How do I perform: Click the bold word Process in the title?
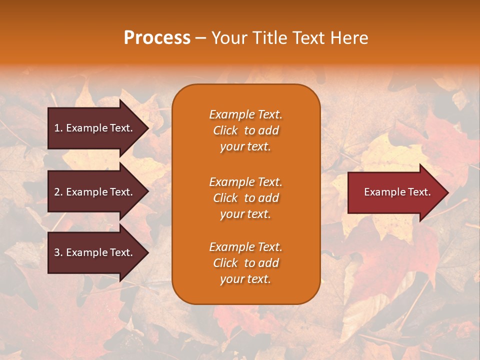click(157, 38)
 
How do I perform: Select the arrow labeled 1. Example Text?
click(95, 128)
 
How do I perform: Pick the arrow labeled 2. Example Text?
click(95, 192)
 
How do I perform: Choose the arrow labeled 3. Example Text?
click(95, 252)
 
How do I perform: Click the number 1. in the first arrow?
click(58, 128)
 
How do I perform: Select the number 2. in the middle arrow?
click(58, 192)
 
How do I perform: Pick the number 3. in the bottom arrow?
click(58, 252)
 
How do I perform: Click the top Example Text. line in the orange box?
click(245, 114)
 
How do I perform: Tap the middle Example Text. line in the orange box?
click(245, 182)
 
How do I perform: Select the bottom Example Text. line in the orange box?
click(245, 247)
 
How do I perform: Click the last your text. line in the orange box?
click(245, 279)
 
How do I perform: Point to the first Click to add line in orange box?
click(245, 130)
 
